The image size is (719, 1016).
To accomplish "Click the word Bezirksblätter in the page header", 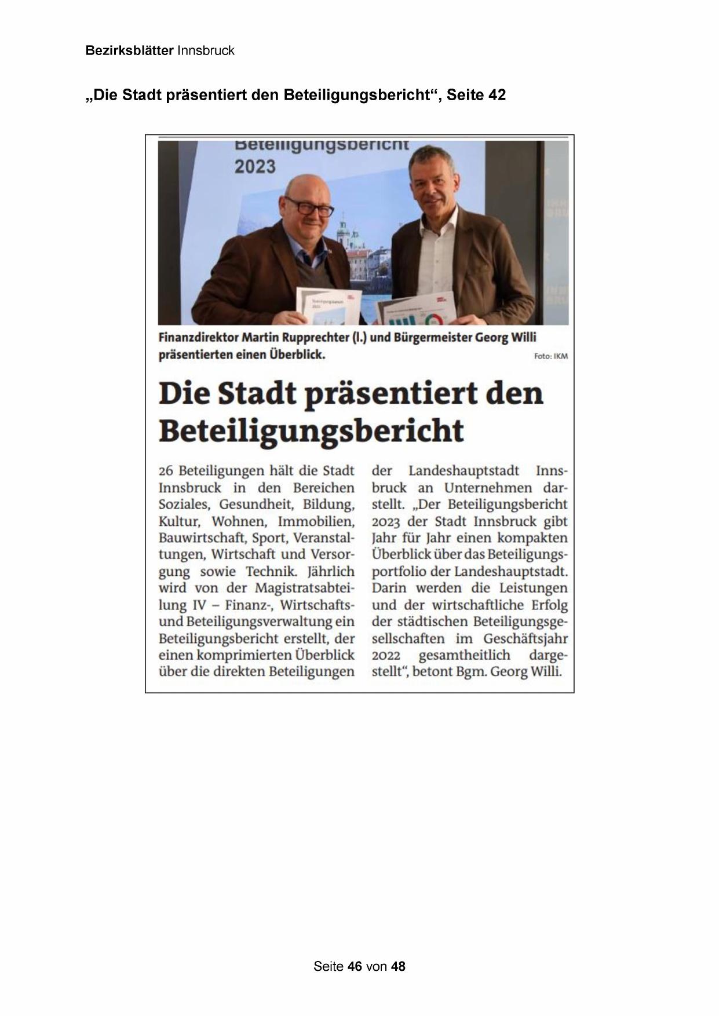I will (129, 50).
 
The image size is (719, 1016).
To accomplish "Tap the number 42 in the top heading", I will (497, 95).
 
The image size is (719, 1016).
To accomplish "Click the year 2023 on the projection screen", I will (255, 167).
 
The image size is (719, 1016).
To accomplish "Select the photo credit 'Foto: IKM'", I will (550, 356).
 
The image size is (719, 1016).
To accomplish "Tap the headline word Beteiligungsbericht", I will (311, 431).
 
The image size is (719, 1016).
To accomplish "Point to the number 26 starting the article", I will (166, 471).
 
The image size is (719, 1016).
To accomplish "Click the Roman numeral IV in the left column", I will (197, 605).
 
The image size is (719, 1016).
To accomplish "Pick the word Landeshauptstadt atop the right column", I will (463, 471).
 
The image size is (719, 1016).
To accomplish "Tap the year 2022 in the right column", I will (386, 656).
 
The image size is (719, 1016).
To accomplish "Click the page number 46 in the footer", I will (355, 966).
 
